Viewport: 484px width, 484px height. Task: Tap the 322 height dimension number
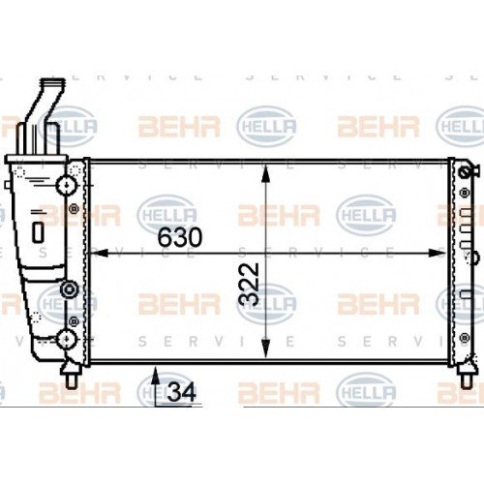[x=251, y=283]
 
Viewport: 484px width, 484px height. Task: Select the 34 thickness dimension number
[x=181, y=392]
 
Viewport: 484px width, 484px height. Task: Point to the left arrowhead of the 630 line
[x=95, y=253]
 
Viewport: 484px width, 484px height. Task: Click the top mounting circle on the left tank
[x=67, y=183]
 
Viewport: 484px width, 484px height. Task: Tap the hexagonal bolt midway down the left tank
[x=67, y=289]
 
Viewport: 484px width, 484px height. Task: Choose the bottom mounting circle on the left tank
[x=67, y=338]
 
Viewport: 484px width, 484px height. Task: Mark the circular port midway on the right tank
[x=473, y=257]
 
